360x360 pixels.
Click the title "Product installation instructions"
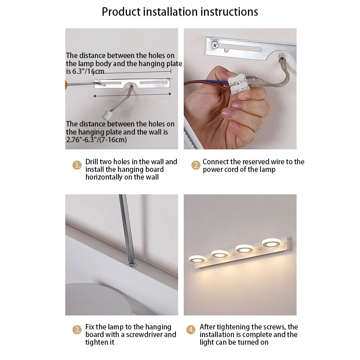tap(180, 11)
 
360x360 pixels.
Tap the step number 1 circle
tap(77, 166)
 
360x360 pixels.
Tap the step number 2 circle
tap(196, 165)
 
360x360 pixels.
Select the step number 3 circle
tap(77, 330)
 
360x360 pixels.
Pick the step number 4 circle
tap(191, 330)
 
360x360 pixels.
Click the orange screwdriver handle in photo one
tap(67, 84)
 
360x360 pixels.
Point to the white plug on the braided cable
tap(107, 114)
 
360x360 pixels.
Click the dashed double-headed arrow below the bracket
tap(133, 94)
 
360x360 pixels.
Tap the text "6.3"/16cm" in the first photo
tap(85, 72)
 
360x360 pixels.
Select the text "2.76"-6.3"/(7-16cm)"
tap(96, 139)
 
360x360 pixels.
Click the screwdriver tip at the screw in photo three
tap(131, 262)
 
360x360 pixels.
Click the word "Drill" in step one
tap(93, 162)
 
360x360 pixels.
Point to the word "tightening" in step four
tap(234, 327)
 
